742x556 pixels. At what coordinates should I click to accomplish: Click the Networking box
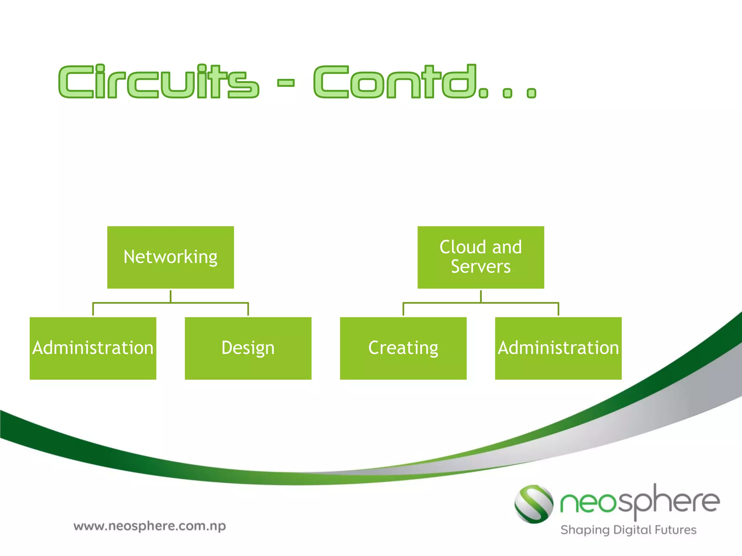(x=170, y=257)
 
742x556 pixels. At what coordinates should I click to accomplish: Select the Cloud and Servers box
(x=480, y=257)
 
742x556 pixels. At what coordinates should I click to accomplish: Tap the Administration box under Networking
(x=93, y=348)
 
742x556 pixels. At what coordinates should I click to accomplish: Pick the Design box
(x=248, y=348)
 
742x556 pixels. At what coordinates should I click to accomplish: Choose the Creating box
(x=403, y=348)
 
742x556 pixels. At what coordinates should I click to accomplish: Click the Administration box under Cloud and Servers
(x=558, y=348)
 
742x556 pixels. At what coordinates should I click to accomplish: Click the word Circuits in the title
(x=159, y=82)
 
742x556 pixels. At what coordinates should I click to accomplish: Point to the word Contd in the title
(x=395, y=82)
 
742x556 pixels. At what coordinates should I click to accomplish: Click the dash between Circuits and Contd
(x=286, y=83)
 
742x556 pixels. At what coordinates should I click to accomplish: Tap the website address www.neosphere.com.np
(x=150, y=526)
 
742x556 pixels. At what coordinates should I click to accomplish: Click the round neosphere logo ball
(x=534, y=504)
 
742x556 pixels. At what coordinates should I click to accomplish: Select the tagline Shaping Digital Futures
(x=628, y=530)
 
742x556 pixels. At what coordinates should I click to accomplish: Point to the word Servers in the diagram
(x=480, y=267)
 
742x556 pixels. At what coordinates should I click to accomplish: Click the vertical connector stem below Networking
(x=170, y=296)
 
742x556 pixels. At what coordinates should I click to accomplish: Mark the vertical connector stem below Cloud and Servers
(x=481, y=296)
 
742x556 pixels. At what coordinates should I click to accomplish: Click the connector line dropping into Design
(x=248, y=309)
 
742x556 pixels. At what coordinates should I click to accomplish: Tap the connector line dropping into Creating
(x=403, y=309)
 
